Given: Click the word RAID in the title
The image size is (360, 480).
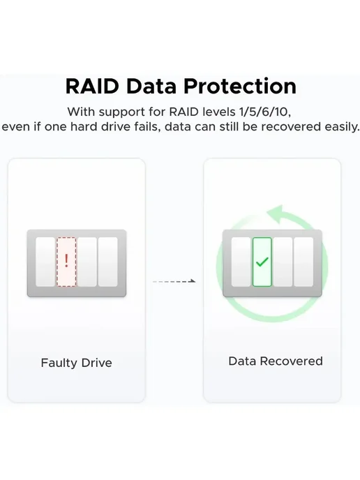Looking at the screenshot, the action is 92,86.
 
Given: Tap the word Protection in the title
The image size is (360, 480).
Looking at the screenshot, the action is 240,86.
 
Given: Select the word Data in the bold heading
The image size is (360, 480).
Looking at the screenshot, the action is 151,86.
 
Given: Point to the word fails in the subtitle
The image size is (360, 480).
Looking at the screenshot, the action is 148,127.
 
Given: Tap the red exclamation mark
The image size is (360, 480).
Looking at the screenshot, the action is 66,260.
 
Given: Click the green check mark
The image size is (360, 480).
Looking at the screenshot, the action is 262,262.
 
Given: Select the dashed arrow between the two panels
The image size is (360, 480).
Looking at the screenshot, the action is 174,281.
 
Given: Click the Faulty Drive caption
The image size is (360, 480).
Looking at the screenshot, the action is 77,363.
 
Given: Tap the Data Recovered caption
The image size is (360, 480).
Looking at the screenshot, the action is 276,361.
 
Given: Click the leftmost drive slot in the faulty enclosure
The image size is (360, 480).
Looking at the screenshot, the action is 45,262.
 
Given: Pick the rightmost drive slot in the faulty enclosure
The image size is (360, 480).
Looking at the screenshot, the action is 107,262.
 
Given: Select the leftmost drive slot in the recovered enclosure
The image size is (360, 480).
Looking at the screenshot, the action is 241,262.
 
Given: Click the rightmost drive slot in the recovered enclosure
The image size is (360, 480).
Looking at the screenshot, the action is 303,262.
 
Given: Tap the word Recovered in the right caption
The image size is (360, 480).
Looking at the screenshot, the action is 291,361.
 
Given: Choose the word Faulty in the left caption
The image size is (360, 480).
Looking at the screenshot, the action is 59,363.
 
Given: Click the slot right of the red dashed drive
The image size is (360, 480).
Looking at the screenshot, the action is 87,262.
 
